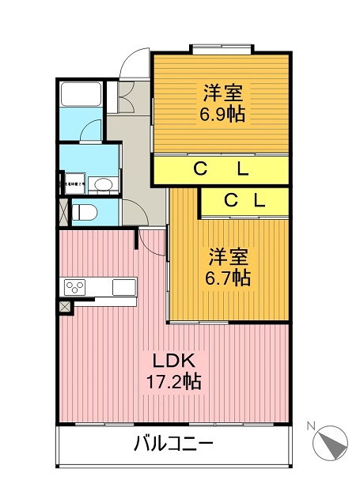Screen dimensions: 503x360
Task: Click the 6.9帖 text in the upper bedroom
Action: coord(222,114)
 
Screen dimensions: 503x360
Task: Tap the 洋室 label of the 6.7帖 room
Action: coord(229,258)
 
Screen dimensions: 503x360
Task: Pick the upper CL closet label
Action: coord(221,168)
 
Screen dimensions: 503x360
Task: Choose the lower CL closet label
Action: coord(244,201)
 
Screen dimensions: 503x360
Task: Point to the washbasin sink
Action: coord(102,185)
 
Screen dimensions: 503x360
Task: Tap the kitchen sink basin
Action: coord(124,286)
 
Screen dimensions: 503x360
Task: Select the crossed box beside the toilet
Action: coord(62,212)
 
